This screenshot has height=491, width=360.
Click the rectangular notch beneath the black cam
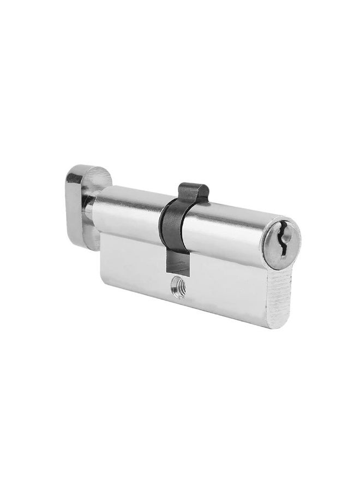(177, 265)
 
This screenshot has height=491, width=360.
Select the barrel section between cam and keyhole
(229, 232)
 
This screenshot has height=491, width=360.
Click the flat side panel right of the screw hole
(229, 295)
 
